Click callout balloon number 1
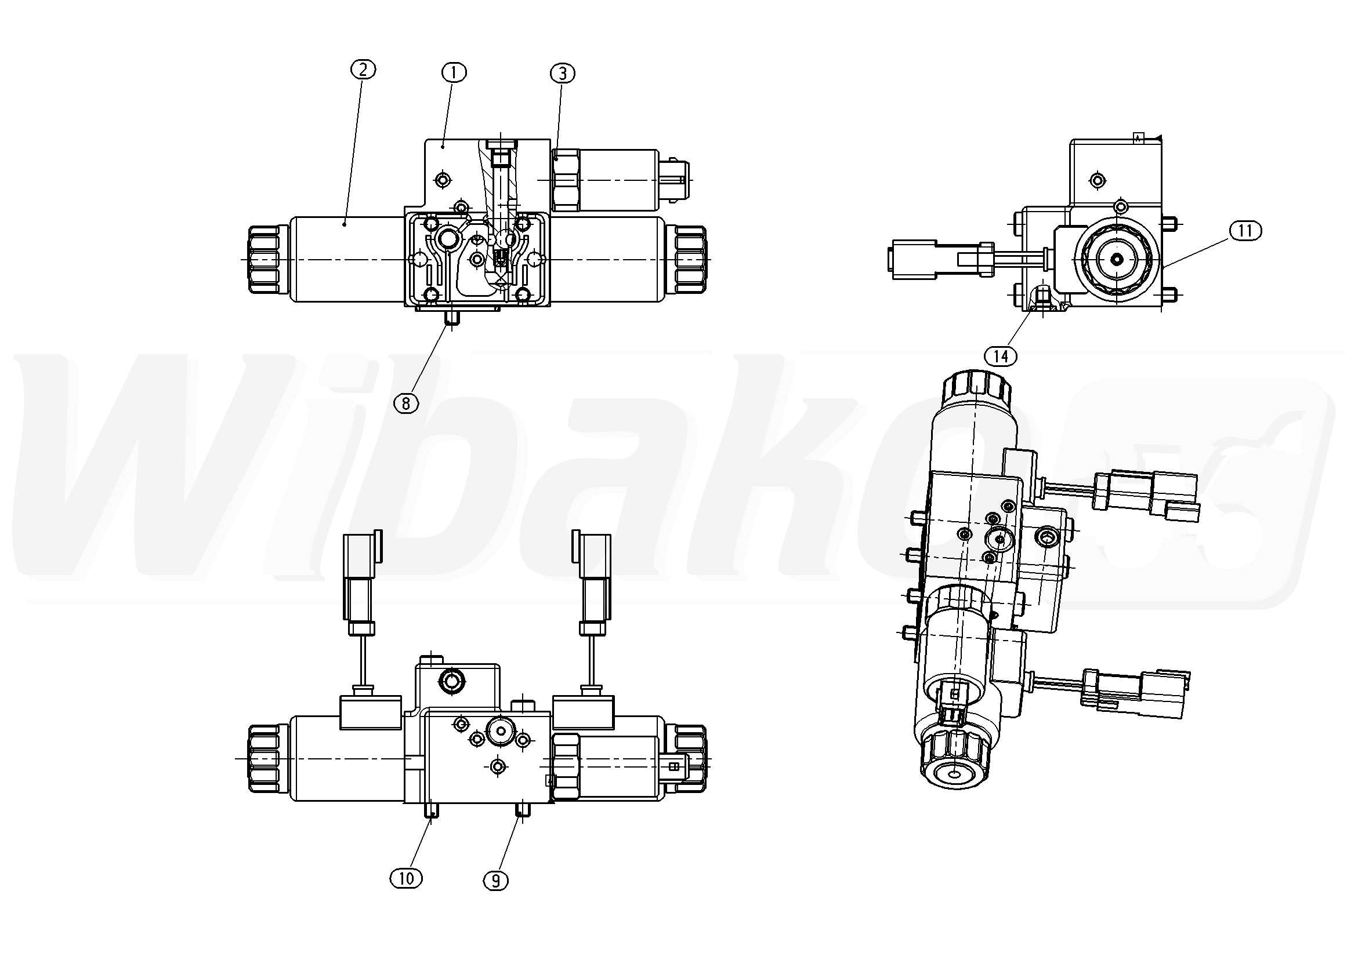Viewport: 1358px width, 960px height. [x=454, y=72]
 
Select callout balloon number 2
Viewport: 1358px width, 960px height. [x=363, y=70]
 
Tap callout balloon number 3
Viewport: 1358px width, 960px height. [x=563, y=73]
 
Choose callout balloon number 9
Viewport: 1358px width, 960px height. [x=495, y=881]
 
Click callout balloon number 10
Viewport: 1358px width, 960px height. [x=405, y=878]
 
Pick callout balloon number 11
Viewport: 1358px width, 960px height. [x=1245, y=231]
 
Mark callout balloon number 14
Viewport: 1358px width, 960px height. [x=1001, y=356]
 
